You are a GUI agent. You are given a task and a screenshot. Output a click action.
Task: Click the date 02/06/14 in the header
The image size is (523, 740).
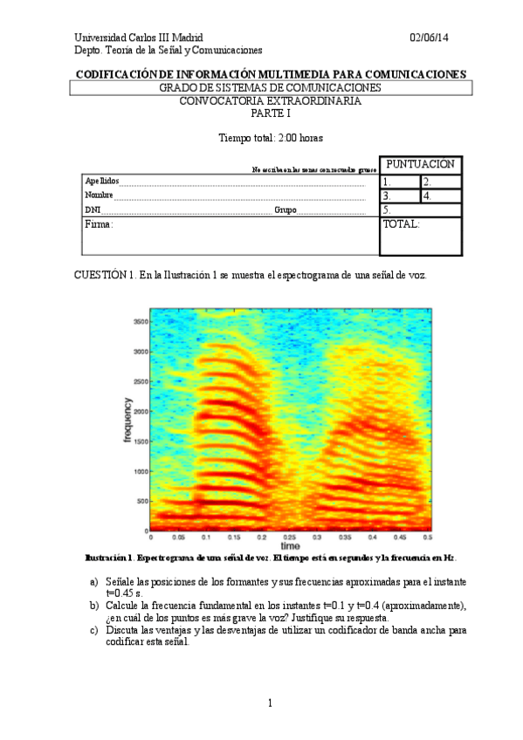430,38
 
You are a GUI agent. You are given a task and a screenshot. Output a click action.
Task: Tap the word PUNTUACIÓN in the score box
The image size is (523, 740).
420,164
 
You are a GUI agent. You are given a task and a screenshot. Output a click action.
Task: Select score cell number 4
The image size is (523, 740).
441,196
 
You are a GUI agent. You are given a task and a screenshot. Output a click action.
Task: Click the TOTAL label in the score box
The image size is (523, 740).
401,224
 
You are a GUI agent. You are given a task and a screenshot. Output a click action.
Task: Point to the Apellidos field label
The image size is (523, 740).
102,181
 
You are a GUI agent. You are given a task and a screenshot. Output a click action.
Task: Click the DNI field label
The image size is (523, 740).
93,209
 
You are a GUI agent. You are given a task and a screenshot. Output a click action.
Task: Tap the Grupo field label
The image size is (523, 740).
286,209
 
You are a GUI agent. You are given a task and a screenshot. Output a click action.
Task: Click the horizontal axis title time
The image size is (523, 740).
289,547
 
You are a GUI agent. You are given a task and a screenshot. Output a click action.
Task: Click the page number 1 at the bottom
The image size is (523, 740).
271,703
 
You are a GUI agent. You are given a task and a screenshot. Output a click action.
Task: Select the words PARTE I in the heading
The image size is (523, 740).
270,113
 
